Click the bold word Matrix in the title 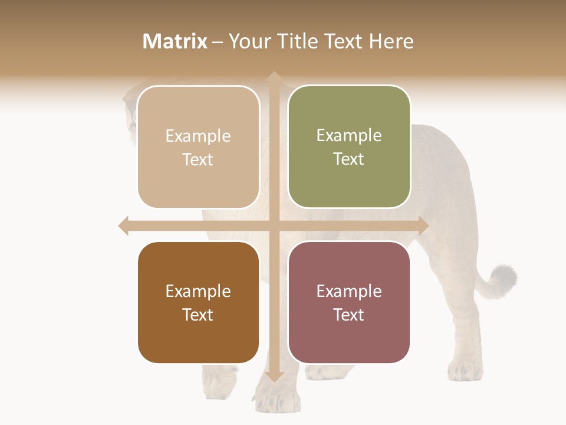tap(175, 41)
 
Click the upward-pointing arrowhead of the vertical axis tap(274, 77)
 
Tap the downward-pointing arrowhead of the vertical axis tap(274, 376)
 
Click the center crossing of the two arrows tap(274, 225)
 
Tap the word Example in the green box tap(349, 136)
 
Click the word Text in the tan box tap(198, 160)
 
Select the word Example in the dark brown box tap(198, 291)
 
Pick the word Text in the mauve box tap(349, 315)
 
